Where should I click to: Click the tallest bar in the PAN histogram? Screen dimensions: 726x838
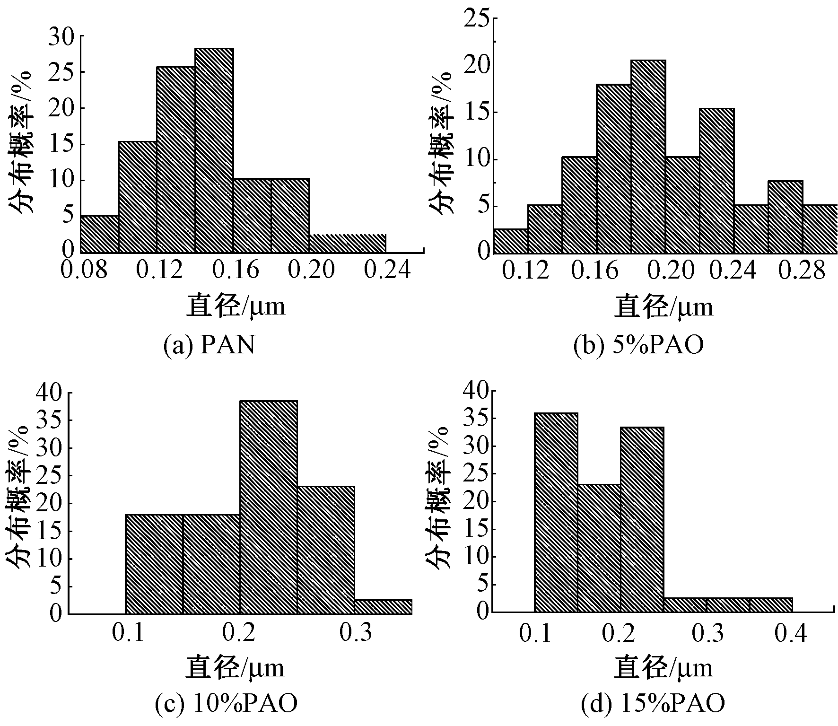tap(214, 150)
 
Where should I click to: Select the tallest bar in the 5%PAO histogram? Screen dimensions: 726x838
tap(648, 156)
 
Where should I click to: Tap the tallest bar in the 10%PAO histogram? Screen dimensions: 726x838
tap(269, 507)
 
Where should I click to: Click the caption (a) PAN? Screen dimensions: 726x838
tap(209, 346)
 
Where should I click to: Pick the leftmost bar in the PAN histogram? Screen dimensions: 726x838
tap(99, 234)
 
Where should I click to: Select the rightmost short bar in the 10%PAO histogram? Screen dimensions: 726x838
tap(383, 607)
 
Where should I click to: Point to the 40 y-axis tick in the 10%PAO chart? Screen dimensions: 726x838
tap(49, 393)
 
